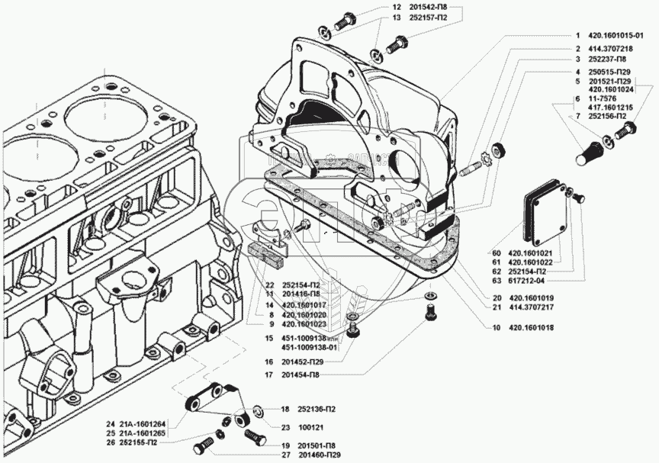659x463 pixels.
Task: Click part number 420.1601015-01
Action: pyautogui.click(x=620, y=35)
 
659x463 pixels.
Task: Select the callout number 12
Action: pyautogui.click(x=396, y=7)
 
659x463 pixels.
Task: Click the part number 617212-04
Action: pyautogui.click(x=527, y=280)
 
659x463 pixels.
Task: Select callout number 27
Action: pyautogui.click(x=265, y=455)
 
